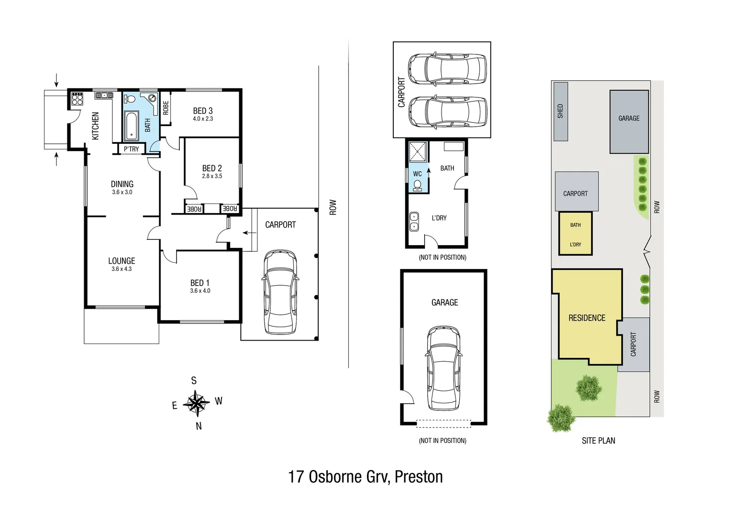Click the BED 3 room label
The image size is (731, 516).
click(x=203, y=111)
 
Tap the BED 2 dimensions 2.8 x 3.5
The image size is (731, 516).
click(x=212, y=176)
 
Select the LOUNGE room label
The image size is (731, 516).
click(x=122, y=261)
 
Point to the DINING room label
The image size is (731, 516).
click(x=122, y=184)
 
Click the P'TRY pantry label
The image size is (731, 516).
click(x=131, y=149)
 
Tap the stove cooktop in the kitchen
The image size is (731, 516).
click(x=77, y=99)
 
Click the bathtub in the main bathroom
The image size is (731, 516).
click(x=132, y=125)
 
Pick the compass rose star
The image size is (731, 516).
click(x=196, y=403)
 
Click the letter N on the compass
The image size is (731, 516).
click(x=199, y=426)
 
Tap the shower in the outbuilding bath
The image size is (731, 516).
click(x=418, y=152)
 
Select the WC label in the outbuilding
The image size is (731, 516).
click(x=417, y=174)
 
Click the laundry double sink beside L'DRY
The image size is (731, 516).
click(x=414, y=222)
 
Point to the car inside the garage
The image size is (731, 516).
click(x=444, y=368)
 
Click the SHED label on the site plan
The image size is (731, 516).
click(x=560, y=111)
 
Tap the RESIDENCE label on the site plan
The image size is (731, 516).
click(x=587, y=318)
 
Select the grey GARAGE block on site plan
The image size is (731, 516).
click(x=629, y=121)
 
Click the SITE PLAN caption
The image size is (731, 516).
click(x=598, y=441)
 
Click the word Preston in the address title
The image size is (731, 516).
click(x=419, y=477)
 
